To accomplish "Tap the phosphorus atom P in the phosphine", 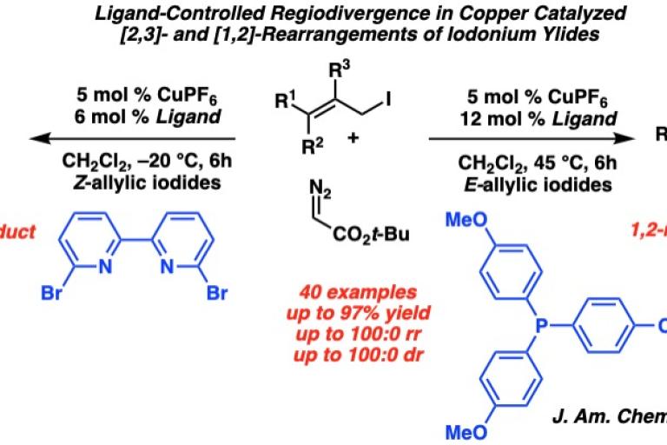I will point(539,324).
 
